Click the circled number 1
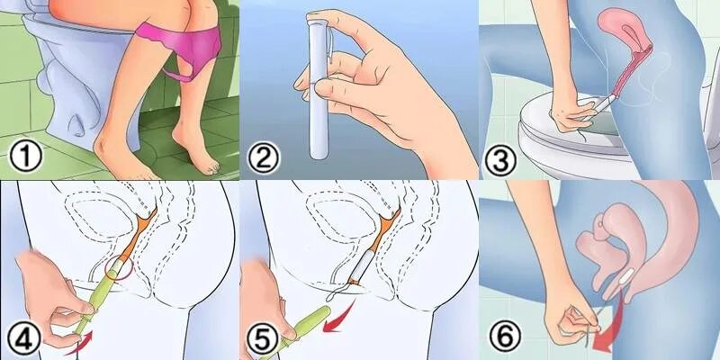point(26,157)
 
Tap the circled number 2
point(264,157)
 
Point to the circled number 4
point(25,339)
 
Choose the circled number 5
point(263,340)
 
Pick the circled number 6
point(505,334)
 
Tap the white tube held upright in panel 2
point(318,87)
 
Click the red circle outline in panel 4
point(119,267)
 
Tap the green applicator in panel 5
point(300,330)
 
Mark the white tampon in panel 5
point(362,266)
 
